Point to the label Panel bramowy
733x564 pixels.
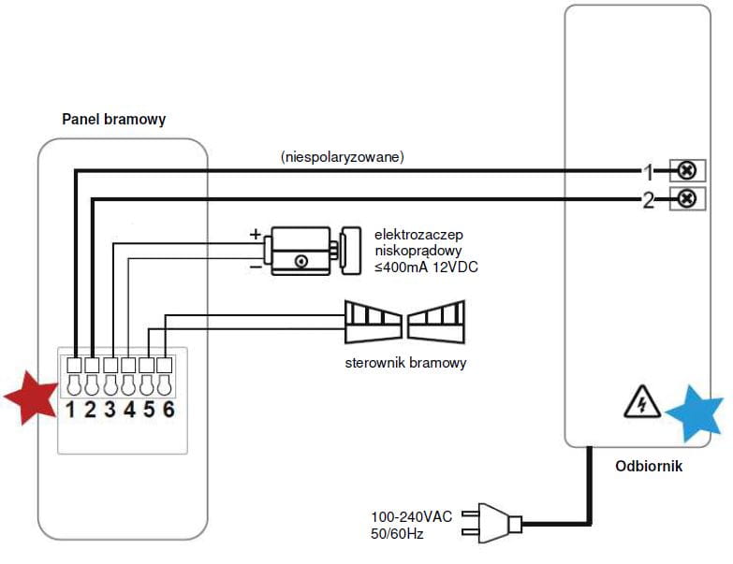(x=114, y=119)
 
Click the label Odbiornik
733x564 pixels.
(x=649, y=465)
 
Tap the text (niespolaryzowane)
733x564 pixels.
(x=343, y=158)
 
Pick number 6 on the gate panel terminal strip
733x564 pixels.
(x=168, y=410)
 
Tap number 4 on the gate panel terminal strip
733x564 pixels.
(x=129, y=410)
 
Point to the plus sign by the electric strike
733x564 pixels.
(x=254, y=235)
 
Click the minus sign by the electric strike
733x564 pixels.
(x=254, y=266)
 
